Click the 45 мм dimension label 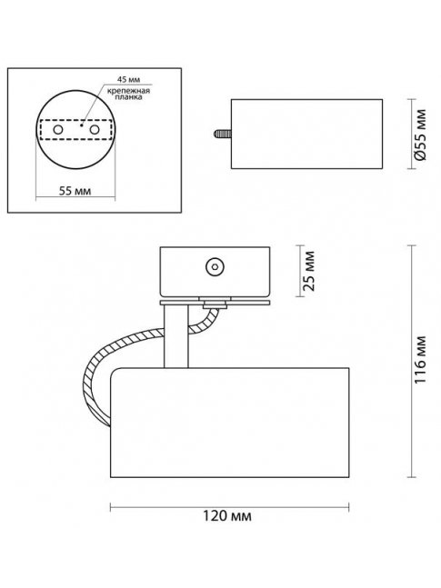click(128, 79)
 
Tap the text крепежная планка click(128, 95)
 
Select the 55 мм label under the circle click(75, 191)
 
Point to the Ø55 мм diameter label click(421, 135)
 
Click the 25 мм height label click(309, 271)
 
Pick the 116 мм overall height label click(420, 360)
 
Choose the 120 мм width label click(227, 516)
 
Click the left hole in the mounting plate click(58, 130)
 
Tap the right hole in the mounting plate click(95, 130)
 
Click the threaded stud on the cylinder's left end click(223, 134)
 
